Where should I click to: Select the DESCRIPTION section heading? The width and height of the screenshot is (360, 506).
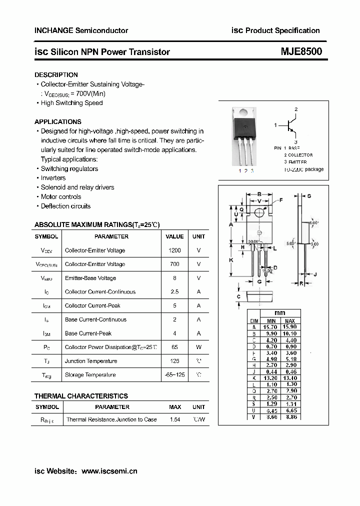[56, 74]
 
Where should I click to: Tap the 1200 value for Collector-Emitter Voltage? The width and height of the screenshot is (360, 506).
[174, 250]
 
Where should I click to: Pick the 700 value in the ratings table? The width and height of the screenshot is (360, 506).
[174, 264]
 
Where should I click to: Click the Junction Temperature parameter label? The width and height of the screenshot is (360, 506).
[91, 361]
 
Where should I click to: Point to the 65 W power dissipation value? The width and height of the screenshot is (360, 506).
[174, 347]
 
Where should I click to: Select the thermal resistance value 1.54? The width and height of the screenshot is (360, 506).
[175, 420]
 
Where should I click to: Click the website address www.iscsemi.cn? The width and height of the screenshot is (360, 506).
[109, 471]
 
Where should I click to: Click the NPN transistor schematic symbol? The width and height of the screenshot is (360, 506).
[290, 126]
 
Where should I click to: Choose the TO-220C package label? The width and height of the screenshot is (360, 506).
[303, 169]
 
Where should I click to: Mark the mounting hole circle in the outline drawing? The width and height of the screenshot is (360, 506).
[259, 213]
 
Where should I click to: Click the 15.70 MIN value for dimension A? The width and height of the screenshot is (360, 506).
[271, 327]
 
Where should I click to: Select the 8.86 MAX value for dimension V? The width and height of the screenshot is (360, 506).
[290, 416]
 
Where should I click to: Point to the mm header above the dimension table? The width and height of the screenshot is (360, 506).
[280, 313]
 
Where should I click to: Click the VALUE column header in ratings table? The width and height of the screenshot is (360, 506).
[174, 236]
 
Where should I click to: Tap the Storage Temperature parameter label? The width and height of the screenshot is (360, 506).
[90, 375]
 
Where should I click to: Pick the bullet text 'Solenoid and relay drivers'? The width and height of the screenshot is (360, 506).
[77, 187]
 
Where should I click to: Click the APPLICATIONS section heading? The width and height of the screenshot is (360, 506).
[58, 121]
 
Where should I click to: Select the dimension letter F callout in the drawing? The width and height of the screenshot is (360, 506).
[281, 200]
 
